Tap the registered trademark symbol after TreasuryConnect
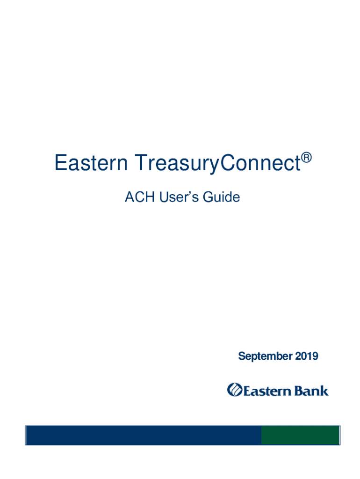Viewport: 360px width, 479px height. (307, 158)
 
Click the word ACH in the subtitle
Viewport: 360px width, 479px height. (139, 197)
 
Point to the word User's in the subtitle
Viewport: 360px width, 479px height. (179, 197)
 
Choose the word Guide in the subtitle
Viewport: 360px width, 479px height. (221, 197)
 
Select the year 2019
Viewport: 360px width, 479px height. (307, 356)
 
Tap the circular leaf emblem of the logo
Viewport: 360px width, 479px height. (235, 390)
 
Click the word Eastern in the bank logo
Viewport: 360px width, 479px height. (267, 391)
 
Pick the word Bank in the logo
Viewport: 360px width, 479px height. (311, 391)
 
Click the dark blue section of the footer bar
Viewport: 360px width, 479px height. (144, 435)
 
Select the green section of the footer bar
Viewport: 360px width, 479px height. (301, 435)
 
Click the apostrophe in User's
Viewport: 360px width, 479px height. (186, 193)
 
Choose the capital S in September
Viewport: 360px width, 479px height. (242, 356)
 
